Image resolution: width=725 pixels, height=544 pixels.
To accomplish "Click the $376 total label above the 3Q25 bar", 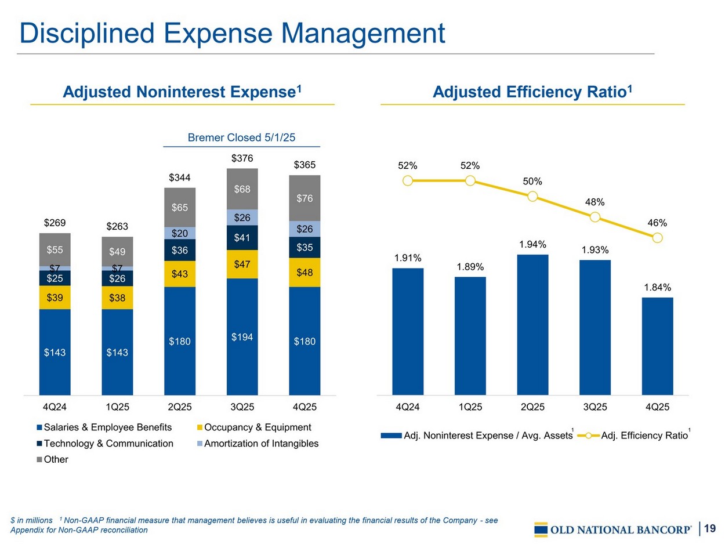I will coord(242,158).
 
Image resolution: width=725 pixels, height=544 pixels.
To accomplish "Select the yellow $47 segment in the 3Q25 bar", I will coord(242,264).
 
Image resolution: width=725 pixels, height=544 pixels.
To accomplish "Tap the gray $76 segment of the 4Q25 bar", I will coord(304,198).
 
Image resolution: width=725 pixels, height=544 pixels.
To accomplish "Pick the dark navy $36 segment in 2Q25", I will coord(180,250).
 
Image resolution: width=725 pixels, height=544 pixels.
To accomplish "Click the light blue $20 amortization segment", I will coord(180,233).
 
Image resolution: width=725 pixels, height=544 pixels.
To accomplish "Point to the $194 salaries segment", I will coord(242,336).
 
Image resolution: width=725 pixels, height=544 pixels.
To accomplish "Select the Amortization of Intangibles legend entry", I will coord(258,444).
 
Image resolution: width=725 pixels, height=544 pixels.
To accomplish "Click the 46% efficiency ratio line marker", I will coord(657,238).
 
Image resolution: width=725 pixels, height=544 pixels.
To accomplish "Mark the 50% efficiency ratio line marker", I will coord(533,196).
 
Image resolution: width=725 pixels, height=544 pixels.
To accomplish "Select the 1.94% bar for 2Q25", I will coord(532,325).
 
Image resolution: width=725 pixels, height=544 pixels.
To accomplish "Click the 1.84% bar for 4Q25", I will coord(657,346).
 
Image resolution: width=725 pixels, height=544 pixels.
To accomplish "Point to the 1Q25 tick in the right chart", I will coord(470,407).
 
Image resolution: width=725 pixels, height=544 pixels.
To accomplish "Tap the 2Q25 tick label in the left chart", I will coord(180,407).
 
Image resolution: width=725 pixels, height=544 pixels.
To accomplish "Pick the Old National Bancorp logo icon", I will coord(541,530).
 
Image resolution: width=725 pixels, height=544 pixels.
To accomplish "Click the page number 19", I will coord(710,528).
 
